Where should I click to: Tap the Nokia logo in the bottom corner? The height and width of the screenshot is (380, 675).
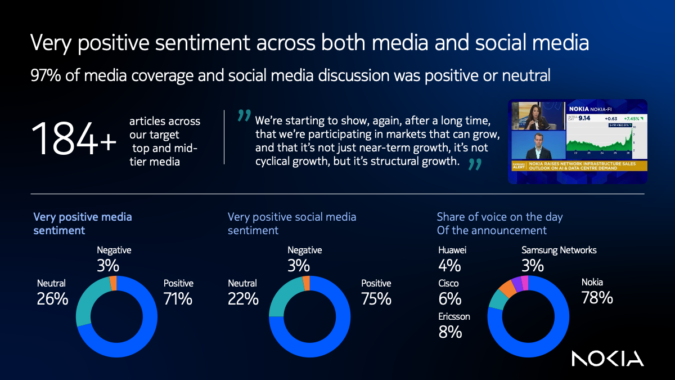tap(607, 358)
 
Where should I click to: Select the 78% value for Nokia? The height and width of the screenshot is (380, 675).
tap(597, 298)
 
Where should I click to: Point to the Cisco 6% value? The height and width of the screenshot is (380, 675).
tap(449, 298)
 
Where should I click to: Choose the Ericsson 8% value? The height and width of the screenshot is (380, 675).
tap(450, 332)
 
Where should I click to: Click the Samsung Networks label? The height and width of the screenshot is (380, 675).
tap(559, 250)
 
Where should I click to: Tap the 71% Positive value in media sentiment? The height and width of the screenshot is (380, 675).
tap(178, 299)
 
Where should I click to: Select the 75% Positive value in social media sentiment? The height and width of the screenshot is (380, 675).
tap(376, 299)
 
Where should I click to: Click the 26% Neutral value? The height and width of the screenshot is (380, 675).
tap(52, 299)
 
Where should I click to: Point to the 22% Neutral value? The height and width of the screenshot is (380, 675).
tap(243, 299)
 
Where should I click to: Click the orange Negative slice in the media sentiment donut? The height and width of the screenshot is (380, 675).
tap(113, 283)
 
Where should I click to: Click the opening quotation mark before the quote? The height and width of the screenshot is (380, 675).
tap(244, 116)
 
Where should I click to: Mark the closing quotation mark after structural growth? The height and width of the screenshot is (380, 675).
tap(475, 164)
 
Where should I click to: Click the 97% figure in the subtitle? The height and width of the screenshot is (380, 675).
tap(45, 75)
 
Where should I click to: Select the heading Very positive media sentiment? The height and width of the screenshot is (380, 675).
tap(82, 223)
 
